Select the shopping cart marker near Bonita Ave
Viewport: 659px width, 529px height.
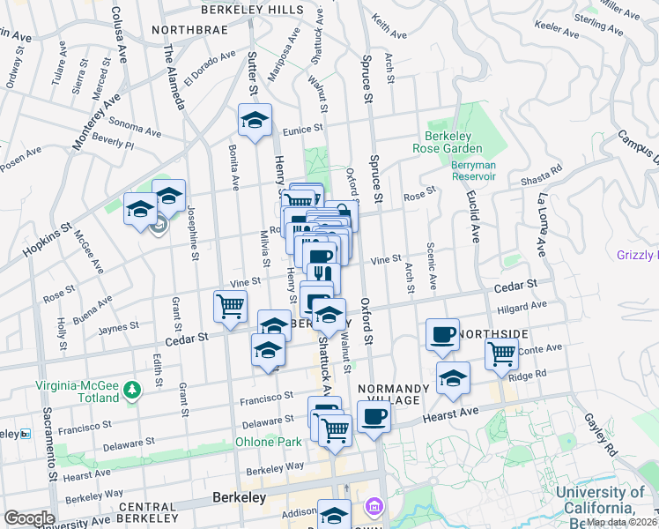click(x=230, y=308)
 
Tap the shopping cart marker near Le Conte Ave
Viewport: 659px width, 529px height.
click(x=501, y=354)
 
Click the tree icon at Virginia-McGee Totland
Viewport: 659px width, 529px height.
click(x=132, y=389)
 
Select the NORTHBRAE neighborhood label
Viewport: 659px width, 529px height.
click(x=189, y=29)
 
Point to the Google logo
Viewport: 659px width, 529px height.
click(x=29, y=518)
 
